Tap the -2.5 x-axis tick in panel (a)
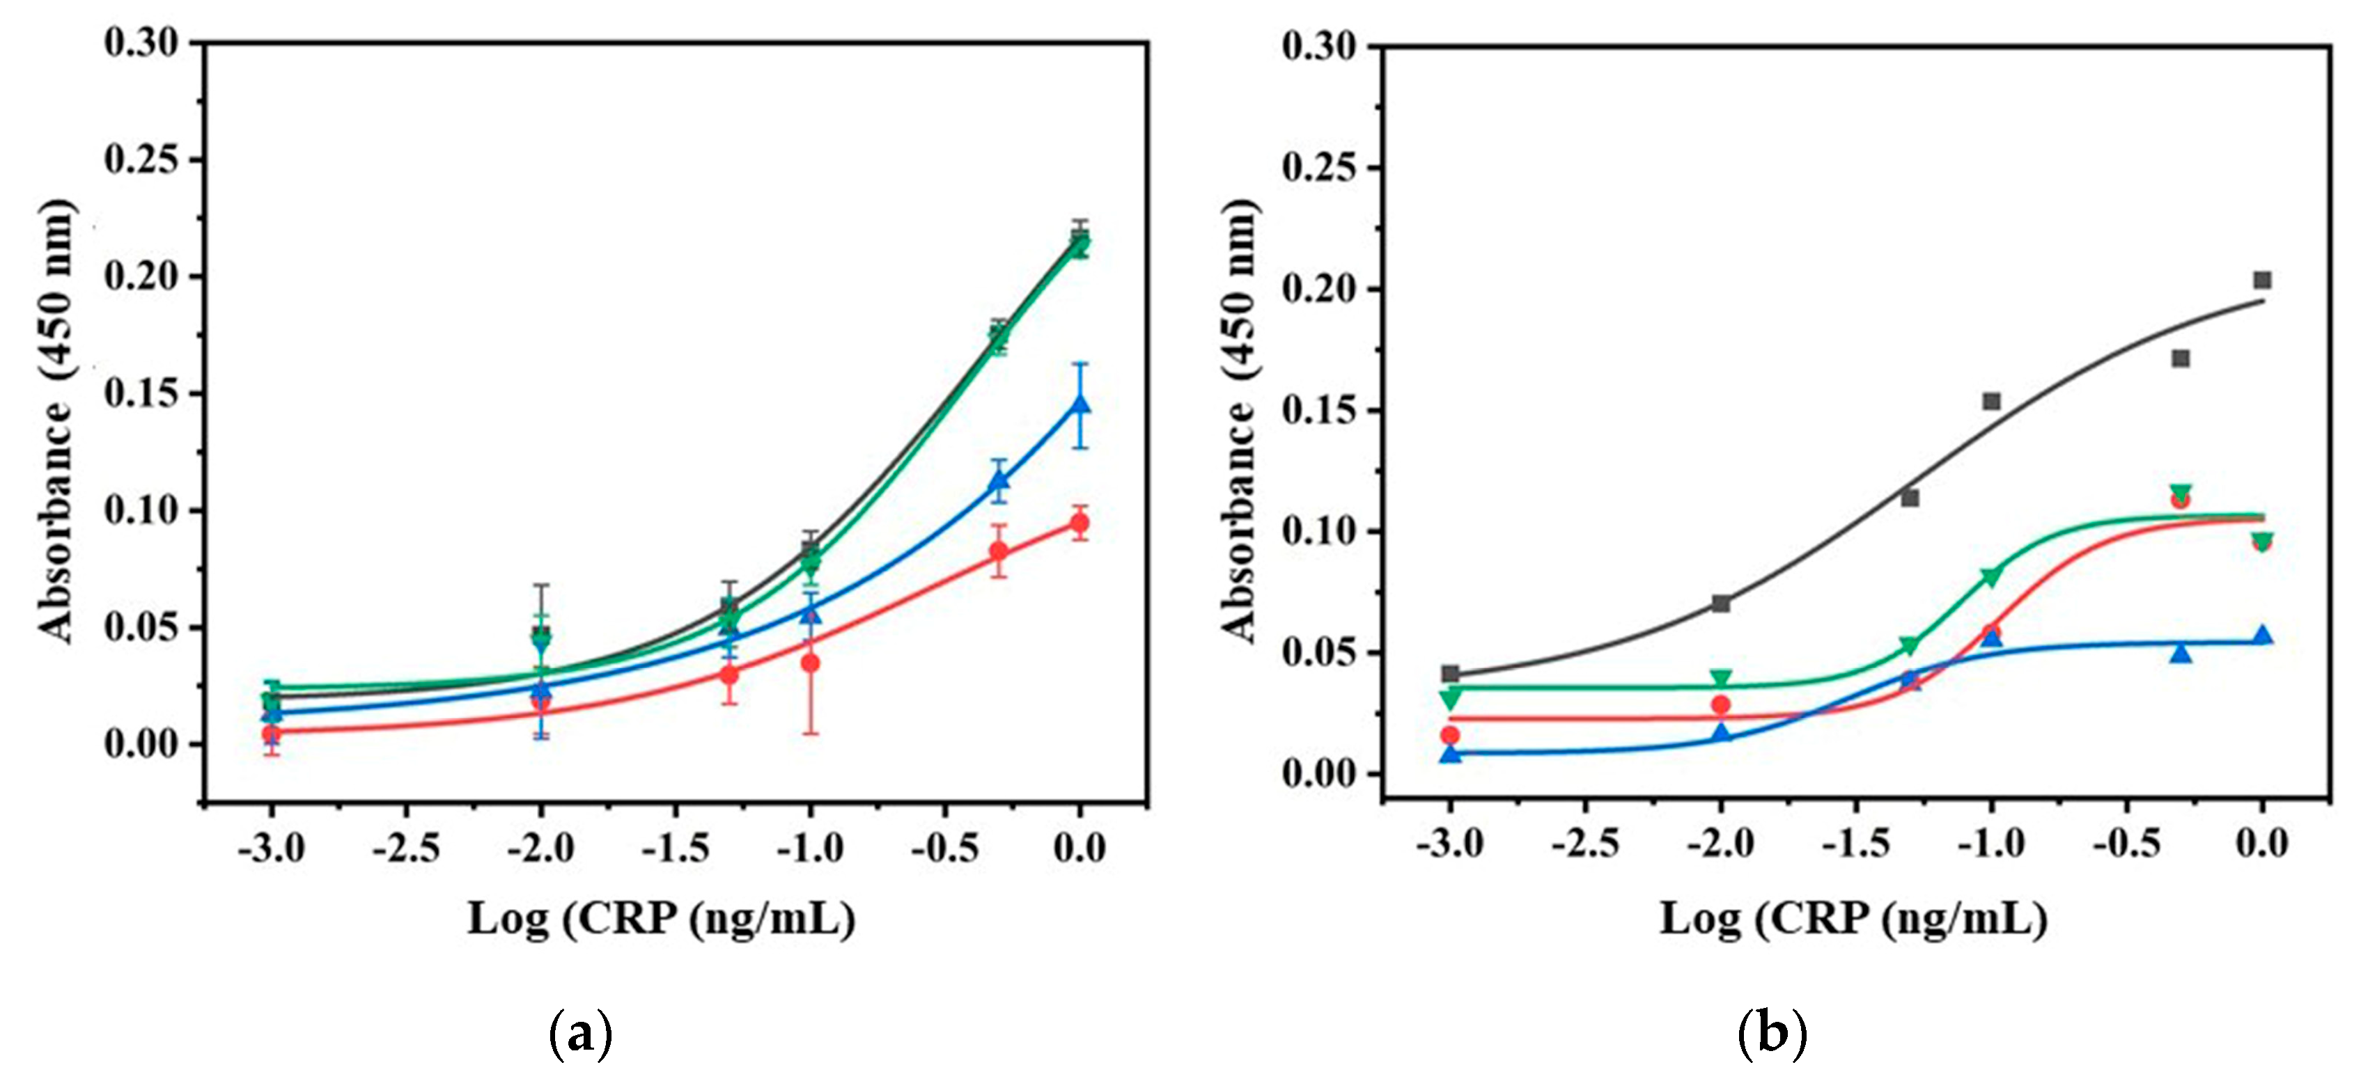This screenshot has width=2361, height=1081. (x=405, y=849)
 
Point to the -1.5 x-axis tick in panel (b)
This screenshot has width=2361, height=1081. (x=1855, y=844)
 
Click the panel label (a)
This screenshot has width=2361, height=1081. (x=579, y=1035)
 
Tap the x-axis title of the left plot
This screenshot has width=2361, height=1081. (x=662, y=919)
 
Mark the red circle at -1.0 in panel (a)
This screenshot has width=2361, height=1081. (x=810, y=663)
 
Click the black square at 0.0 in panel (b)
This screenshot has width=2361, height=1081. (x=2262, y=279)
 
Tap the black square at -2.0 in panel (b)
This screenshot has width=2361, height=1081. (x=1721, y=603)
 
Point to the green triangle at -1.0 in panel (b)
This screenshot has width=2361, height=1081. (x=1992, y=577)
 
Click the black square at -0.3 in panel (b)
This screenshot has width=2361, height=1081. (x=2181, y=358)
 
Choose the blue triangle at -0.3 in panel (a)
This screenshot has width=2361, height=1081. (x=999, y=480)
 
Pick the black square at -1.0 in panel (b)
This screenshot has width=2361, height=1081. (x=1992, y=401)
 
